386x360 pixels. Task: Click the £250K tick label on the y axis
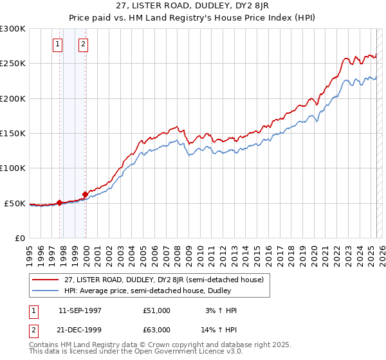pyautogui.click(x=13, y=64)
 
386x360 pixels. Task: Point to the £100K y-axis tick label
pyautogui.click(x=13, y=168)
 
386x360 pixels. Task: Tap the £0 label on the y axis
pyautogui.click(x=19, y=238)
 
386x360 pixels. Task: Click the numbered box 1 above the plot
pyautogui.click(x=59, y=44)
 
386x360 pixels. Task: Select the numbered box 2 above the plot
pyautogui.click(x=84, y=44)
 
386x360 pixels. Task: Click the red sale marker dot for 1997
pyautogui.click(x=60, y=203)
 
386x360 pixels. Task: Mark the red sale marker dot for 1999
pyautogui.click(x=86, y=194)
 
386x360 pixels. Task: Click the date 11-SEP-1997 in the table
pyautogui.click(x=80, y=310)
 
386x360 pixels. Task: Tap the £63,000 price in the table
pyautogui.click(x=157, y=330)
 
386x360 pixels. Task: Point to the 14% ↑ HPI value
pyautogui.click(x=219, y=330)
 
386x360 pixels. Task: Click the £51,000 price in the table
pyautogui.click(x=157, y=310)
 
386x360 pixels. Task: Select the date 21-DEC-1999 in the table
pyautogui.click(x=80, y=330)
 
